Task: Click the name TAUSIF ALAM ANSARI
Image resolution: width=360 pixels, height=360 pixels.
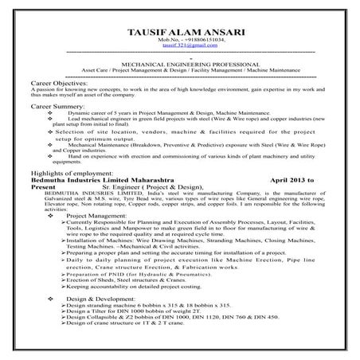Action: click(x=179, y=31)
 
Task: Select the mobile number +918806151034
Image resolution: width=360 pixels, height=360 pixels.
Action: click(x=180, y=40)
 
